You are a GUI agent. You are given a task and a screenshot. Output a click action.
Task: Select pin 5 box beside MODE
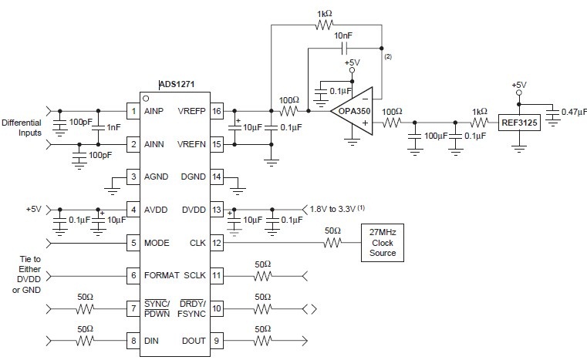pyautogui.click(x=133, y=243)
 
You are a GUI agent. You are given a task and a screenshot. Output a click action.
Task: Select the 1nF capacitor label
pyautogui.click(x=113, y=127)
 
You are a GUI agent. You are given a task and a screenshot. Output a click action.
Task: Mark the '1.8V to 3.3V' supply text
pyautogui.click(x=337, y=209)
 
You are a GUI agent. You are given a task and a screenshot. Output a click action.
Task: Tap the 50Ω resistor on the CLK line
pyautogui.click(x=332, y=243)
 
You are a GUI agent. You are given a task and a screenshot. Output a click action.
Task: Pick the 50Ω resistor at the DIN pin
pyautogui.click(x=86, y=339)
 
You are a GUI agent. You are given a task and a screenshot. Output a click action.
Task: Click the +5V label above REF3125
pyautogui.click(x=518, y=85)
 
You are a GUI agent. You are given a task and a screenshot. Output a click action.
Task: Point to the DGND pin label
pyautogui.click(x=193, y=177)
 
